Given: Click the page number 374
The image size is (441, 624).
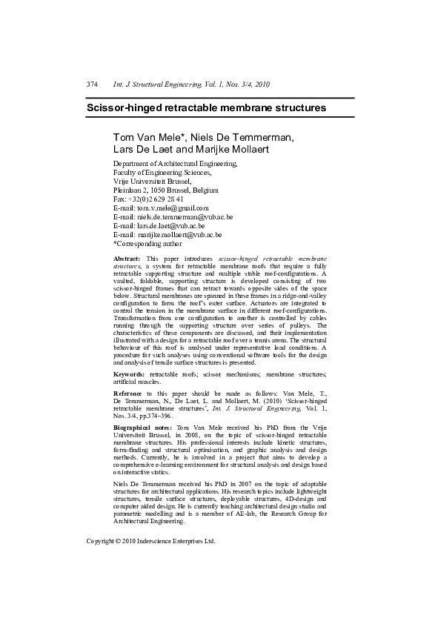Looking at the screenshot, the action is (93, 84).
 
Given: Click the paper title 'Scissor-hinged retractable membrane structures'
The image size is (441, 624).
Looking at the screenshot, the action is (207, 107).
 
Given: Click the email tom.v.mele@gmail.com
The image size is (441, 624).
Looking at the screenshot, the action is (173, 208).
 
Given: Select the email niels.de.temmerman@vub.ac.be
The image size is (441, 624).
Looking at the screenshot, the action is (185, 217).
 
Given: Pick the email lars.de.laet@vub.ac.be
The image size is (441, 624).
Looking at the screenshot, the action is (170, 226).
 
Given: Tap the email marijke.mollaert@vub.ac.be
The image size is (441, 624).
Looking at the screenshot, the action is (180, 235).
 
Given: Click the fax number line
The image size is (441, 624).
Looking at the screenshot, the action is (148, 199).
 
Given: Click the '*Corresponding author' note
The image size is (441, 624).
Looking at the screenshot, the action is (147, 244).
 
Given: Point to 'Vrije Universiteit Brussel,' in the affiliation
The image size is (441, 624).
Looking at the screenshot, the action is (152, 181).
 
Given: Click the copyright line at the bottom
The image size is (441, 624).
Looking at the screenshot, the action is (150, 541).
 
